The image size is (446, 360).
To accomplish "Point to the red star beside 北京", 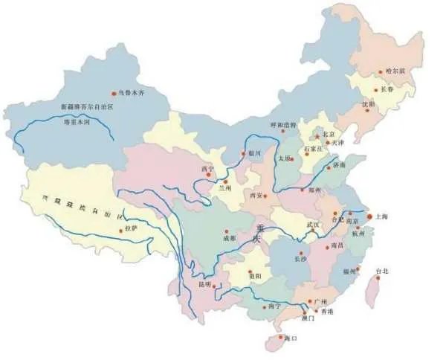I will (x=317, y=138).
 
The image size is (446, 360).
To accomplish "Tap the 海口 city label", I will (x=289, y=338).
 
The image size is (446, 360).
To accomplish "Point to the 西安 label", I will (x=257, y=195).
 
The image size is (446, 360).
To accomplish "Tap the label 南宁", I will (x=274, y=306).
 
